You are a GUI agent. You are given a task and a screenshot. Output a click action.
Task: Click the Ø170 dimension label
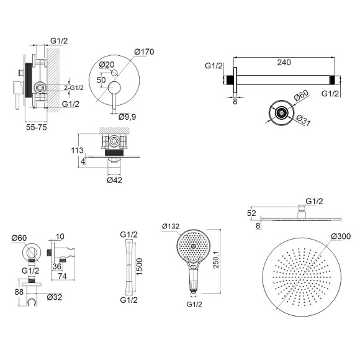point(144,52)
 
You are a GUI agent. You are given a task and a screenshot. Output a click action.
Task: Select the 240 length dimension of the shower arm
point(284,62)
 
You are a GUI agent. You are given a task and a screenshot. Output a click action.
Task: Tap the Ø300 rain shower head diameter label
point(341,236)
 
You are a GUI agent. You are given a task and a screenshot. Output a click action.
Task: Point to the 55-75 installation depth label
point(36,127)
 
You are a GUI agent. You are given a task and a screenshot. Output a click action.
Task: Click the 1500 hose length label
point(140,266)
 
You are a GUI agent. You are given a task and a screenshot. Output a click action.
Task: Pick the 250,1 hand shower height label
point(217,259)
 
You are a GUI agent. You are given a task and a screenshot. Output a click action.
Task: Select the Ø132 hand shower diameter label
point(171,227)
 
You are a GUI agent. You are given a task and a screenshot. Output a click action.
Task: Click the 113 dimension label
point(77,150)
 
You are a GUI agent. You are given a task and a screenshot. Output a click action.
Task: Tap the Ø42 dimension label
point(114,180)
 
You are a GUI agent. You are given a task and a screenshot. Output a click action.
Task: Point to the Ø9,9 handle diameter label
point(127,117)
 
